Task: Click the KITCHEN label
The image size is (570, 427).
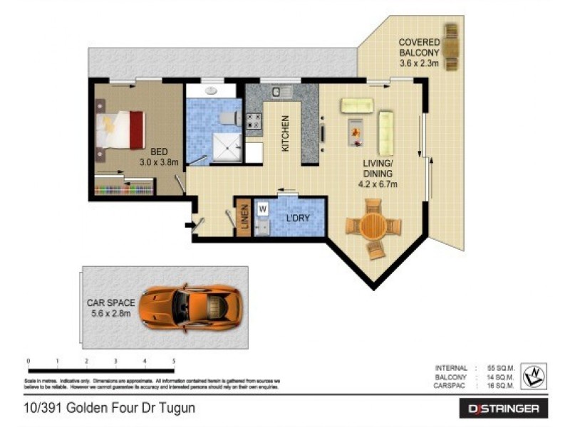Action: [286, 134]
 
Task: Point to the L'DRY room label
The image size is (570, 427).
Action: [297, 218]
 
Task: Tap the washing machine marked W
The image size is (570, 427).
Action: [262, 209]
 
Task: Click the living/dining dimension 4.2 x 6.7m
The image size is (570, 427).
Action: [378, 184]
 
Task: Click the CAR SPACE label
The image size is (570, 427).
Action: [110, 307]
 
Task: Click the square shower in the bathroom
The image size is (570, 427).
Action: [228, 149]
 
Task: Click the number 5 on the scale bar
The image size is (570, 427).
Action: [174, 362]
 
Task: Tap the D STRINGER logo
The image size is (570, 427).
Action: [503, 408]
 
